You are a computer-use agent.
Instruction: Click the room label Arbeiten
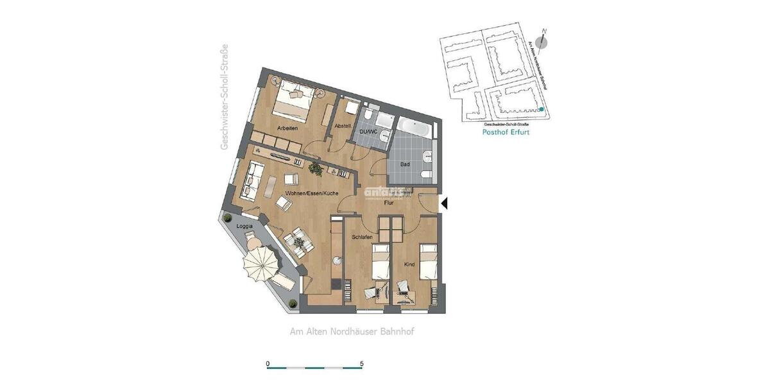coord(287,128)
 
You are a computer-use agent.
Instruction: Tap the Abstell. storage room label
coord(343,126)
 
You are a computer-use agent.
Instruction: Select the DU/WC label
coord(369,132)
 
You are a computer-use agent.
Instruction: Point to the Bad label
coord(405,164)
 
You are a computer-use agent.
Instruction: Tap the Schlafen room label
coord(362,237)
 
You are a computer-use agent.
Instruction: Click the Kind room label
coord(409,264)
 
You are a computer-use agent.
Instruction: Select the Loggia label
coord(244,227)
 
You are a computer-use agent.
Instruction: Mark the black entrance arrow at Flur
coord(443,203)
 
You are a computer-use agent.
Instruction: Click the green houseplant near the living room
coord(315,169)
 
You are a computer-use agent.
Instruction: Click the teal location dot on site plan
coord(542,110)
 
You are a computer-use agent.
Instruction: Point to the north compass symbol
coord(543,42)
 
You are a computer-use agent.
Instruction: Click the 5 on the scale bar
coord(362,363)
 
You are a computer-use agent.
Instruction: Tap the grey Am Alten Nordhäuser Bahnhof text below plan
coord(353,332)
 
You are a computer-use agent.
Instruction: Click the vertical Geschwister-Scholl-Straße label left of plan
coord(225,98)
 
